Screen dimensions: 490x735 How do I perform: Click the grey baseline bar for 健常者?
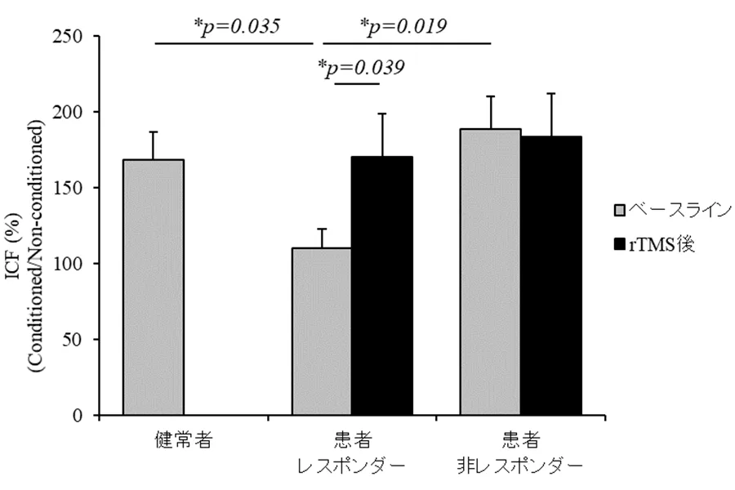(153, 287)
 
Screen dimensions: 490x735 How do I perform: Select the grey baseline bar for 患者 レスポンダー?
(322, 332)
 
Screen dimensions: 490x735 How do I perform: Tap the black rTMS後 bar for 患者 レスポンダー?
(381, 286)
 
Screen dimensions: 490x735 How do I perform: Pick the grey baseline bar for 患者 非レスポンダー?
(491, 272)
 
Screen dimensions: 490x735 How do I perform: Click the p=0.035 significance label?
(238, 26)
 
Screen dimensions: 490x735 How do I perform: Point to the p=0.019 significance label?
(404, 26)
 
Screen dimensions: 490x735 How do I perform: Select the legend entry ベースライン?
(661, 210)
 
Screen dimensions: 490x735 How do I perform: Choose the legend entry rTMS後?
(656, 244)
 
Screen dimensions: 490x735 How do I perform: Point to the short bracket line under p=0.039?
(357, 83)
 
